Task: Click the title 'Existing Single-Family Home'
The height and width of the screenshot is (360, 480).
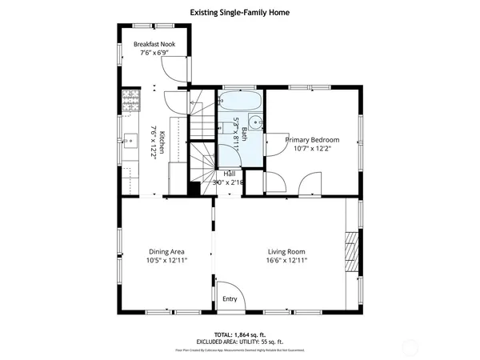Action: pos(239,13)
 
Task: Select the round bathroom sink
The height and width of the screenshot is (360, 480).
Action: pos(255,123)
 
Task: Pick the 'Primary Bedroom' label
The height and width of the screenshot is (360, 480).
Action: pos(313,139)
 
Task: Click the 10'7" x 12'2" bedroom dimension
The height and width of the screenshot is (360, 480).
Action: pos(313,148)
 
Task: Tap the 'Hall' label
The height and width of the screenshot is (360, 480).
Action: pos(230,174)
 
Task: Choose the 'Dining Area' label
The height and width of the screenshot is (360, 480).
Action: pos(166,251)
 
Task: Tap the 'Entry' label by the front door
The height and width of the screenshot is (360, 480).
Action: pos(230,299)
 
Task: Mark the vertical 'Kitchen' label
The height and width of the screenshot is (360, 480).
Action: pos(161,142)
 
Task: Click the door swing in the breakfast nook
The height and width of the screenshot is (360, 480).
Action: pos(178,71)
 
